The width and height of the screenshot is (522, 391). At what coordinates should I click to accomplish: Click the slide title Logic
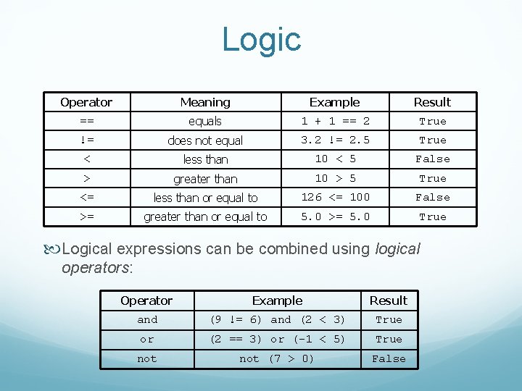coord(261,39)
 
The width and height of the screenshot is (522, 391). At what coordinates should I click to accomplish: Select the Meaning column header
coord(205,102)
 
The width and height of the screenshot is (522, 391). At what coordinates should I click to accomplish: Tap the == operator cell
coord(86,121)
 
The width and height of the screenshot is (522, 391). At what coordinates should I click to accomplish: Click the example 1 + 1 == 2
coord(335,121)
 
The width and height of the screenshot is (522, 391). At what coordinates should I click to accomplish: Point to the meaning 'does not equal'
coord(205,140)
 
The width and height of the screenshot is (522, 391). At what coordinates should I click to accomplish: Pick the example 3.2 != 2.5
coord(335,140)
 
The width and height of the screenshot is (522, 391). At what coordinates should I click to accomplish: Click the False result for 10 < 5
coord(432,159)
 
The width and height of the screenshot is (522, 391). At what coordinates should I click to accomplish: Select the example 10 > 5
coord(335,178)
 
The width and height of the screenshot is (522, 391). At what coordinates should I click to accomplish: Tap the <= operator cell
coord(86,197)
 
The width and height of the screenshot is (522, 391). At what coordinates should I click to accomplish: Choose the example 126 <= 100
coord(335,197)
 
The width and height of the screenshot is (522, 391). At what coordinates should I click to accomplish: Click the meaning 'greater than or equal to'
coord(205,216)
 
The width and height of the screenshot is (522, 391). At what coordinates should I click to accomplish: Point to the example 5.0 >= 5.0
coord(335,216)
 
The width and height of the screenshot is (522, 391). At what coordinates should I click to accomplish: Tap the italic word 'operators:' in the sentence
coord(95,268)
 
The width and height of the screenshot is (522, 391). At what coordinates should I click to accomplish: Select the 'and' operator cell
coord(147,319)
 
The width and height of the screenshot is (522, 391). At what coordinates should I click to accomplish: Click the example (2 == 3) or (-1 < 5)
coord(277,339)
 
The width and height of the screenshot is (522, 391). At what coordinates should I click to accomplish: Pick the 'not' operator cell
coord(147,358)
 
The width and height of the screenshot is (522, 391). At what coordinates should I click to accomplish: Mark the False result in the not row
coord(389,358)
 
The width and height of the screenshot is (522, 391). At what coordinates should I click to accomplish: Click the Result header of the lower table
coord(389,300)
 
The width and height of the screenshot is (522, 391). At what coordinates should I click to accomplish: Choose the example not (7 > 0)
coord(277,358)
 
